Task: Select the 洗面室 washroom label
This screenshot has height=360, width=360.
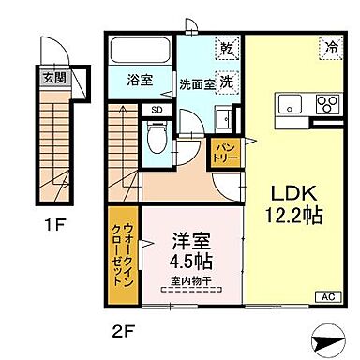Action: coord(196,82)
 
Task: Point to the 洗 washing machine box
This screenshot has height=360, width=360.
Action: coord(227,80)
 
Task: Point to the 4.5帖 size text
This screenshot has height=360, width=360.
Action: coord(188,262)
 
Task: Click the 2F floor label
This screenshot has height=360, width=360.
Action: coord(119,329)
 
